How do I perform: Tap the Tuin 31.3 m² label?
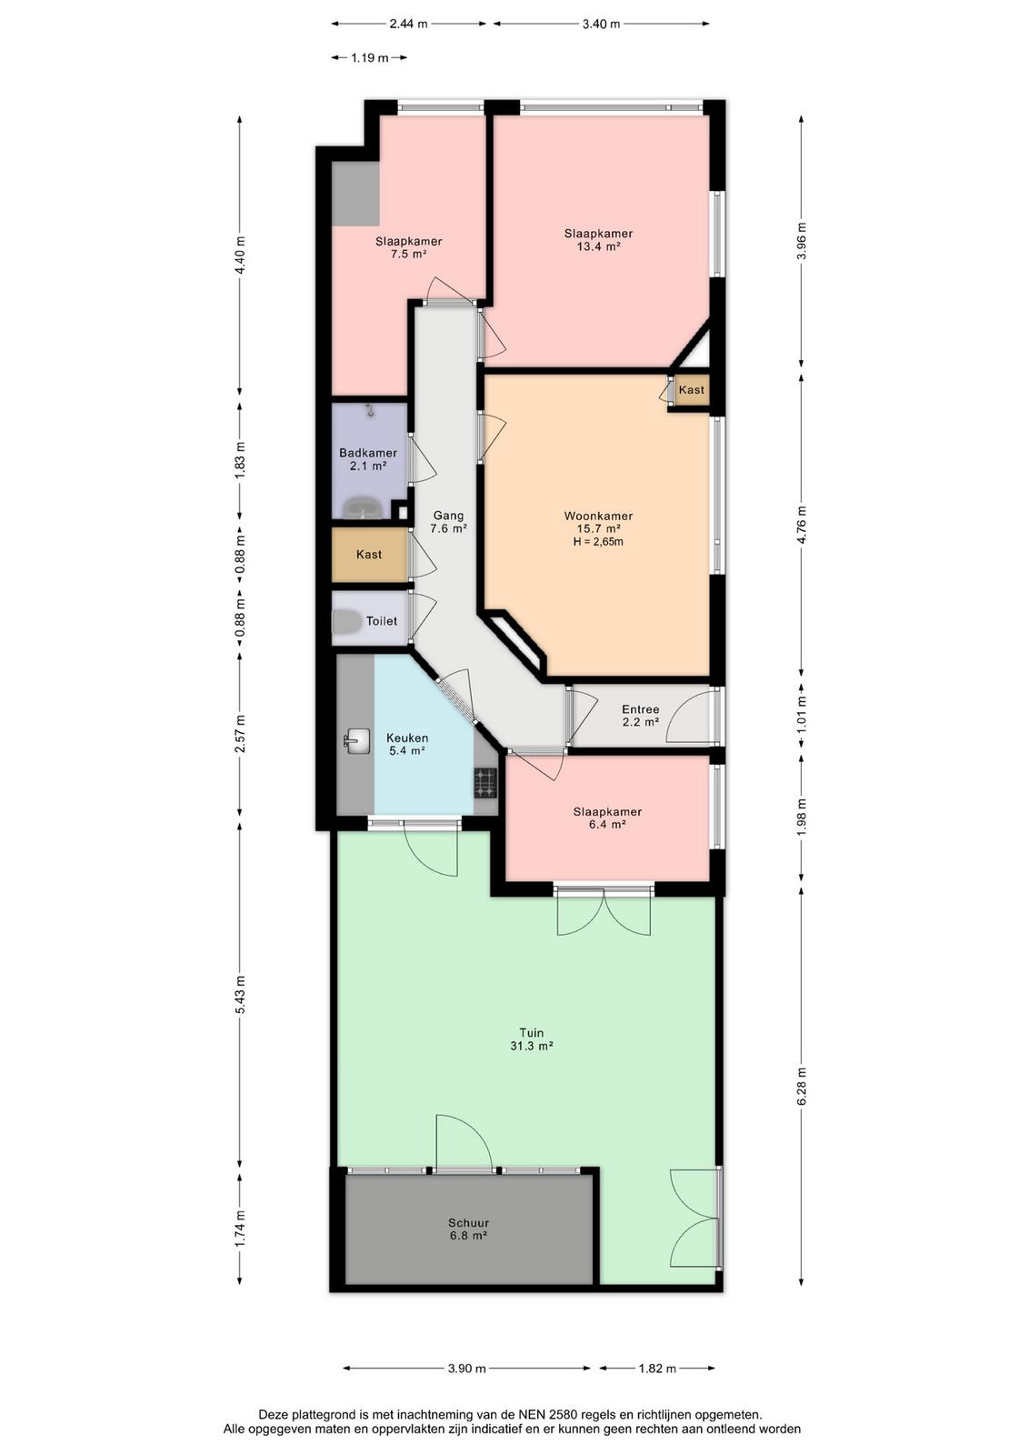point(531,1039)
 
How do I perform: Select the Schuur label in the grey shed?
point(468,1223)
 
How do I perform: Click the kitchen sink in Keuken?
point(357,740)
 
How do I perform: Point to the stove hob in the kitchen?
point(485,783)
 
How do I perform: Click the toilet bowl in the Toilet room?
point(346,621)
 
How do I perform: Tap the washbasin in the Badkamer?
point(363,507)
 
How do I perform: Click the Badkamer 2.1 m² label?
point(368,459)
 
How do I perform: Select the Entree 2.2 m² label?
point(640,715)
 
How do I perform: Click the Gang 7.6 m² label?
point(448,522)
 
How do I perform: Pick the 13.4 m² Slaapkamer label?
point(598,240)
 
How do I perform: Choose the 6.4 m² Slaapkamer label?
point(607,818)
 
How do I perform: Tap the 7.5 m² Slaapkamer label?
point(408,247)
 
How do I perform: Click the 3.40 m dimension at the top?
point(601,24)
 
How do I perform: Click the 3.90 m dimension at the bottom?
point(467,1369)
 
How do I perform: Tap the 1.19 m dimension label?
point(369,58)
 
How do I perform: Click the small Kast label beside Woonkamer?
point(691,390)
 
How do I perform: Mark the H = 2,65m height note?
point(598,542)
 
